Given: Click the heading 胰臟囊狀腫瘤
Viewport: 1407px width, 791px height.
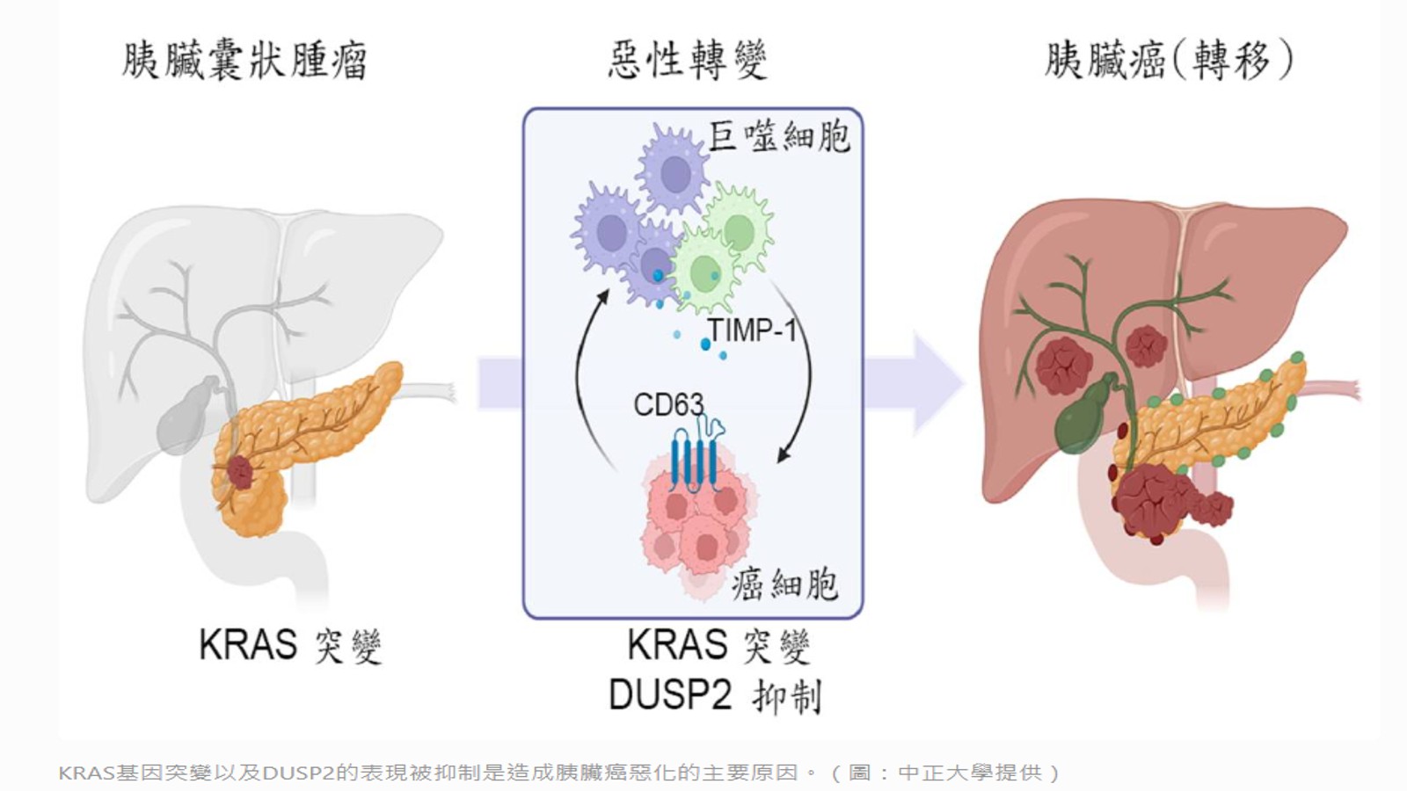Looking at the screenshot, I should click(x=244, y=61).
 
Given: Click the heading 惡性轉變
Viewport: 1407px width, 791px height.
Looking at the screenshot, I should click(x=687, y=61).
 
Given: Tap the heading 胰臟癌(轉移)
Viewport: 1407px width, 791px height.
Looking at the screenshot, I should click(x=1169, y=61).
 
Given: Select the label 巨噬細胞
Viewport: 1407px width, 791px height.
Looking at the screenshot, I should click(x=779, y=137).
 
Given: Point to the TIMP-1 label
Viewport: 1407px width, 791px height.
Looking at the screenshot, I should click(x=752, y=330).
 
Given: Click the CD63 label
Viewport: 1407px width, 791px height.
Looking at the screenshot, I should click(x=668, y=405).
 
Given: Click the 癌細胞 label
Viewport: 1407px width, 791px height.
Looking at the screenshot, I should click(x=784, y=584).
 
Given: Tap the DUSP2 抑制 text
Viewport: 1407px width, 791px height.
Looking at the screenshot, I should click(x=714, y=696).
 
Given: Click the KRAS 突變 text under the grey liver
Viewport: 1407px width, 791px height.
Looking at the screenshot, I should click(x=289, y=645).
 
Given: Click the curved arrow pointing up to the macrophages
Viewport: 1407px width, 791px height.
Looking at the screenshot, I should click(x=584, y=378).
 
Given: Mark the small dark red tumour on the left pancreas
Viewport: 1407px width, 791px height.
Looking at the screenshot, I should click(x=239, y=473).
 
